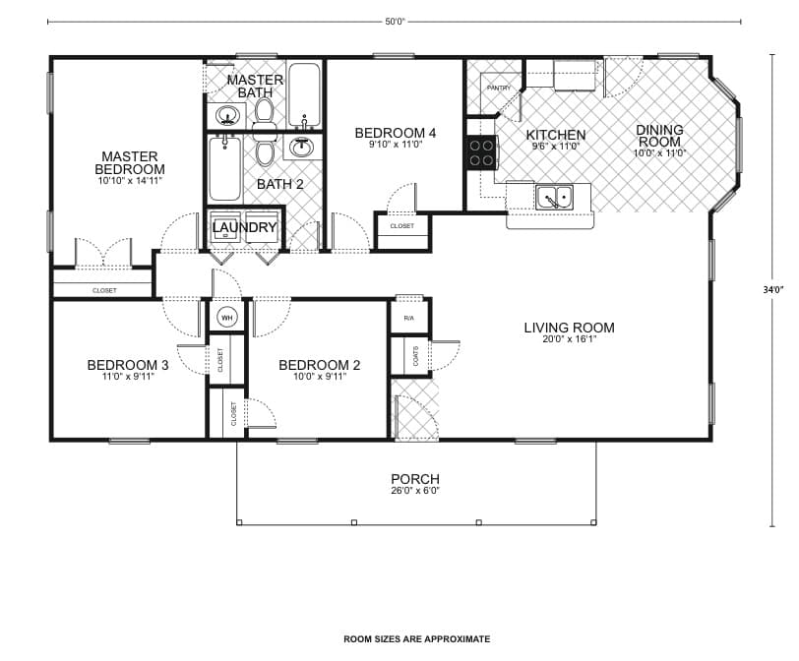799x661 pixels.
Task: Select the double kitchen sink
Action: [x=555, y=198]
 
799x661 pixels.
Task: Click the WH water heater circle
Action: [x=226, y=318]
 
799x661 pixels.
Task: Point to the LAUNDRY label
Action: [x=245, y=228]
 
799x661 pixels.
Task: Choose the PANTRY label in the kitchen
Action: [x=498, y=89]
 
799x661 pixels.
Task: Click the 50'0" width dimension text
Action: [x=396, y=22]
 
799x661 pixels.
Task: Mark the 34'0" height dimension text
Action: [x=772, y=289]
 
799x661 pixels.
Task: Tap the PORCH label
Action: [x=415, y=480]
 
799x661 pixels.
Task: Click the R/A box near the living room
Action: [x=408, y=318]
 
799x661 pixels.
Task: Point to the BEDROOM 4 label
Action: [x=396, y=133]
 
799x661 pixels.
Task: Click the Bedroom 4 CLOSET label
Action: [x=401, y=226]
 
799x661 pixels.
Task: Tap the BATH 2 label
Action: [x=280, y=184]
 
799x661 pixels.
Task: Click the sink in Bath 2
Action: [x=300, y=149]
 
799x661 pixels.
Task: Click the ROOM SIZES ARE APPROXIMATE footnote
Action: [x=416, y=639]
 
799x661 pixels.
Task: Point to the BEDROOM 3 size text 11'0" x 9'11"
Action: [x=128, y=377]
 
